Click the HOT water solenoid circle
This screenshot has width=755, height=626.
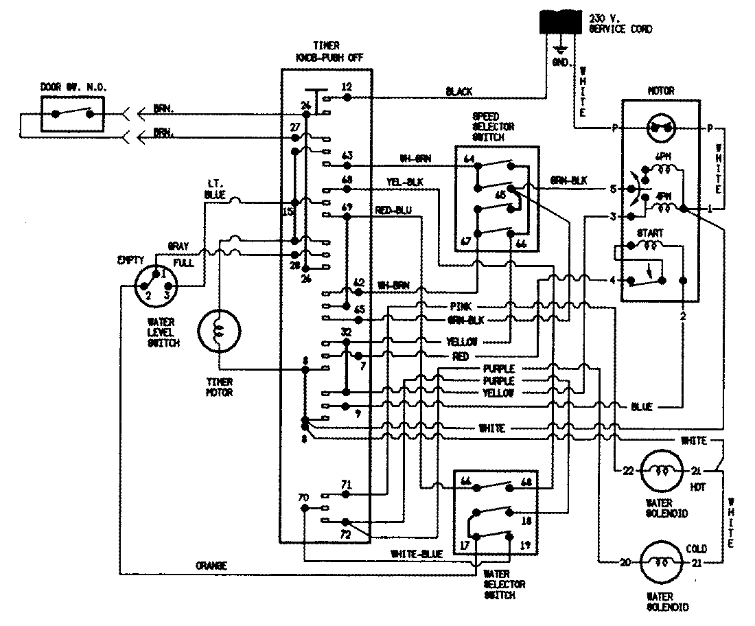point(662,471)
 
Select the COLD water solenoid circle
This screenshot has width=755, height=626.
point(663,564)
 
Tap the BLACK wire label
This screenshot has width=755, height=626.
point(458,91)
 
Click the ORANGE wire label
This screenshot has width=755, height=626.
point(210,566)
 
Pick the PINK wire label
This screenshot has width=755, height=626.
point(458,306)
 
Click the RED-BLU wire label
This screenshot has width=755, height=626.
point(393,210)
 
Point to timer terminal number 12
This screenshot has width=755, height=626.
point(347,88)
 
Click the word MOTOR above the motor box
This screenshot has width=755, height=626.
point(660,90)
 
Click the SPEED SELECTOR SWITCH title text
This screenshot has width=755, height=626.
point(493,127)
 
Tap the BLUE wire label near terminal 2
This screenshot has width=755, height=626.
point(641,407)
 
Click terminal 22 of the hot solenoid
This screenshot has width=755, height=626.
point(626,470)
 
